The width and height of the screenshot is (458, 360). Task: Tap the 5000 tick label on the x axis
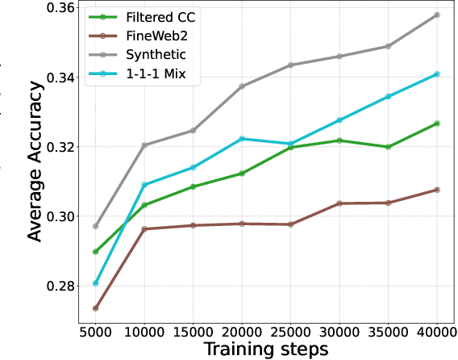pyautogui.click(x=95, y=331)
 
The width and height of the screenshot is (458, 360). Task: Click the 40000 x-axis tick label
pyautogui.click(x=437, y=331)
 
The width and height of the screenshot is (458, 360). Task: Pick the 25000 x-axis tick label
pyautogui.click(x=290, y=331)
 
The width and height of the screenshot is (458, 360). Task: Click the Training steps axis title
pyautogui.click(x=265, y=349)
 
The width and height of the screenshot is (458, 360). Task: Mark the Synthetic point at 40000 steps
pyautogui.click(x=437, y=15)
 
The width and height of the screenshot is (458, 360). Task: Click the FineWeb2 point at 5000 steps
pyautogui.click(x=96, y=308)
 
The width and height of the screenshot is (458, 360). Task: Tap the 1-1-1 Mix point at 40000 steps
pyautogui.click(x=437, y=74)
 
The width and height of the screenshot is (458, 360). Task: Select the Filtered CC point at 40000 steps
pyautogui.click(x=437, y=123)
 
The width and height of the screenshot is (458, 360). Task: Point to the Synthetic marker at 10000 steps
pyautogui.click(x=144, y=145)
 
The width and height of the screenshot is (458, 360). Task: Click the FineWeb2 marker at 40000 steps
pyautogui.click(x=437, y=190)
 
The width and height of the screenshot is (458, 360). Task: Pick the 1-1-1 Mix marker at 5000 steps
pyautogui.click(x=96, y=283)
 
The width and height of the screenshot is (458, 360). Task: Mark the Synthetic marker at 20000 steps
pyautogui.click(x=242, y=86)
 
